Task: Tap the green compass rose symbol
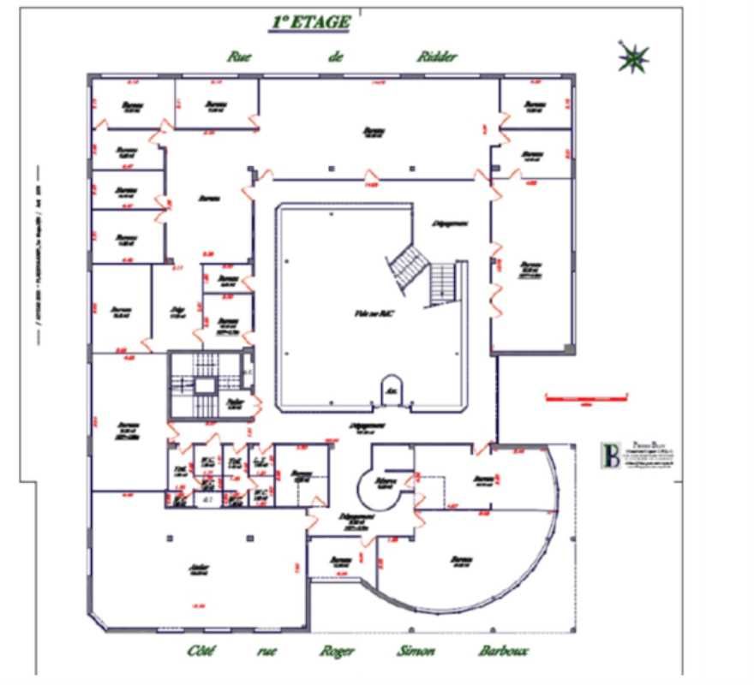click(633, 57)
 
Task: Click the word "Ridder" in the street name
click(437, 57)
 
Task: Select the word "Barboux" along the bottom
click(503, 652)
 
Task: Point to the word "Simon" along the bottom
click(415, 652)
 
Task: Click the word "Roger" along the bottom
click(337, 652)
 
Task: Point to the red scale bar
click(588, 397)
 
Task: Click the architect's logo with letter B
click(611, 455)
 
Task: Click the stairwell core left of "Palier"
click(202, 384)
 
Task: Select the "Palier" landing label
click(233, 402)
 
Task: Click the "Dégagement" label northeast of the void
click(449, 223)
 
